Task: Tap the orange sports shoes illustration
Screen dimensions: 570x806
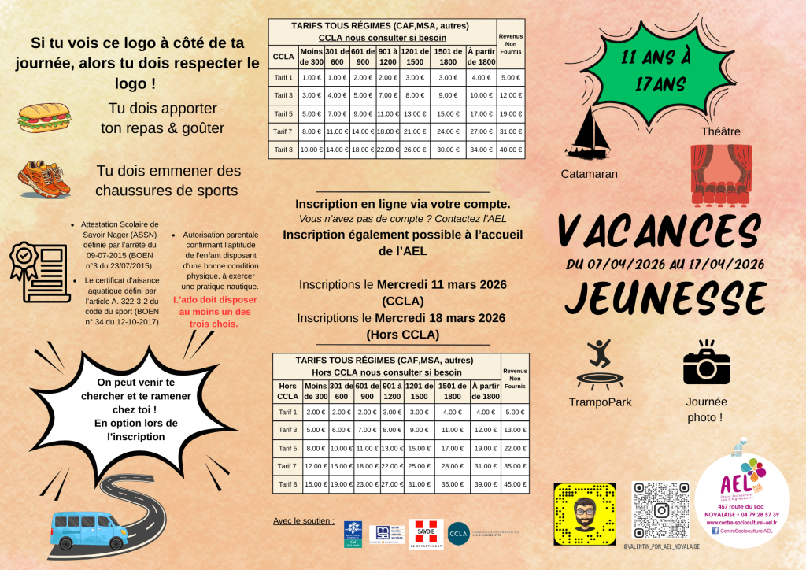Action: pyautogui.click(x=44, y=179)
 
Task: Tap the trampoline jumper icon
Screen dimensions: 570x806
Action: pyautogui.click(x=600, y=364)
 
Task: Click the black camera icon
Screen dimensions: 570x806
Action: pyautogui.click(x=706, y=364)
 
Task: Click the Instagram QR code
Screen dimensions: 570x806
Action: pyautogui.click(x=661, y=511)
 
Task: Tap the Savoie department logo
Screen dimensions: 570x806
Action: pyautogui.click(x=426, y=534)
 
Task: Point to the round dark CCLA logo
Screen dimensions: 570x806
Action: pyautogui.click(x=458, y=534)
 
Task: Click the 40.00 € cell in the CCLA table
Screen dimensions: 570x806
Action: pyautogui.click(x=511, y=150)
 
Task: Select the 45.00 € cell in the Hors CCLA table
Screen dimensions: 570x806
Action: pyautogui.click(x=515, y=483)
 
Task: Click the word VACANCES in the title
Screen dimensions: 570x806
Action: pyautogui.click(x=660, y=229)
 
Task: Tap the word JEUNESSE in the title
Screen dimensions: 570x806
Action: pyautogui.click(x=665, y=298)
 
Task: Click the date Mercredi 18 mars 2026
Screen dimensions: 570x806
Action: pyautogui.click(x=440, y=318)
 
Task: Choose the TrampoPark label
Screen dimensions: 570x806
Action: pyautogui.click(x=600, y=402)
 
